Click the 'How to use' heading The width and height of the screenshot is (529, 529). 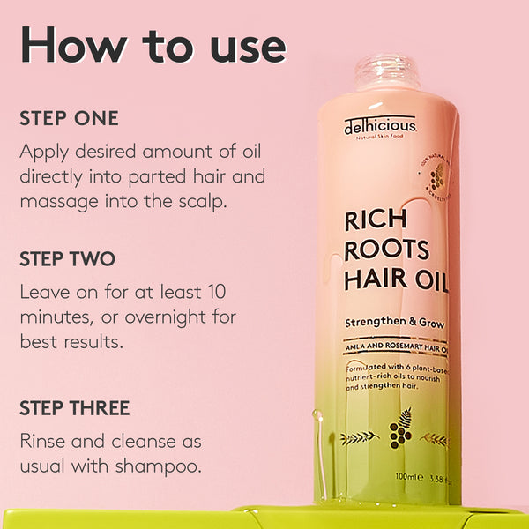click(153, 44)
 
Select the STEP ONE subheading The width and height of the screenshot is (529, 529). click(69, 118)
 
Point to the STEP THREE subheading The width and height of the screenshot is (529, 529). click(75, 408)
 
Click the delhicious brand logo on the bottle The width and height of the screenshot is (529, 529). click(380, 128)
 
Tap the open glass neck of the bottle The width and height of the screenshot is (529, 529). click(387, 71)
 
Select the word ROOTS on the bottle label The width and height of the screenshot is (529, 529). click(387, 250)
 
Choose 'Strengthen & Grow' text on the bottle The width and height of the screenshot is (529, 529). click(395, 323)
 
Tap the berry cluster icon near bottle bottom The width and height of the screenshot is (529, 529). click(401, 434)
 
